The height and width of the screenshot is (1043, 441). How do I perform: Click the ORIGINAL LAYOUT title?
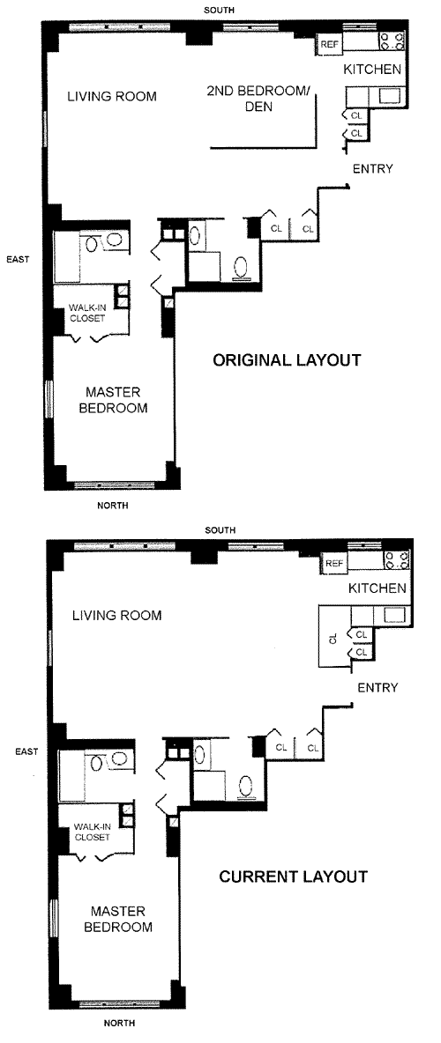point(287,360)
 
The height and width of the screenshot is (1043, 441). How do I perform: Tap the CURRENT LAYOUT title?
point(293,877)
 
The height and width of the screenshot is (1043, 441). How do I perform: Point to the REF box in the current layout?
point(334,564)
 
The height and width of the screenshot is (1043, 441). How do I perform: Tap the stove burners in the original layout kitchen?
point(392,41)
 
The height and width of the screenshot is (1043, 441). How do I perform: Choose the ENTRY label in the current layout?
point(377,687)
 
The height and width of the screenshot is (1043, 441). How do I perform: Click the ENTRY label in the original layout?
point(372,169)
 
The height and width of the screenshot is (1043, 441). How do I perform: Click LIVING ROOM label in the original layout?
point(113,96)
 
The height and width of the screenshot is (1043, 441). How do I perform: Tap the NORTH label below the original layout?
point(113,506)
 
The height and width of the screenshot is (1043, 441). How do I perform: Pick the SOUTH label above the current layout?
point(220,530)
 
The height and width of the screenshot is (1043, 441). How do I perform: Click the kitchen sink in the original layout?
point(390,96)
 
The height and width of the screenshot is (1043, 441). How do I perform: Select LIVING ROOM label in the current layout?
point(116,615)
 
